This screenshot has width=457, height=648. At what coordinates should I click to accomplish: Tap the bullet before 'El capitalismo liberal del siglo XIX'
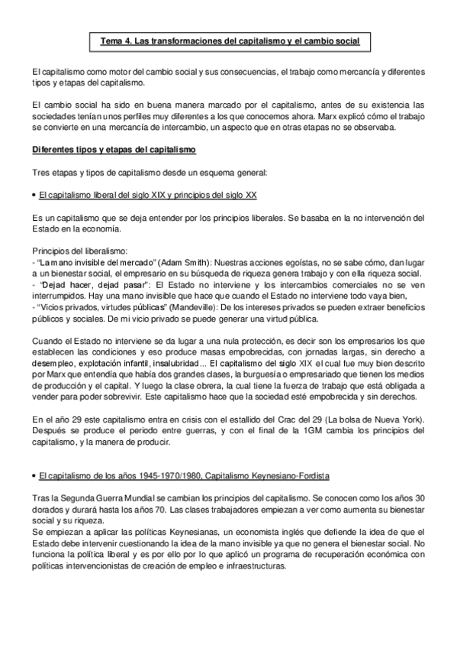pos(34,195)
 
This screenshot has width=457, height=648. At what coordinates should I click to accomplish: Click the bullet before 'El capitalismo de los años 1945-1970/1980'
pos(34,477)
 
